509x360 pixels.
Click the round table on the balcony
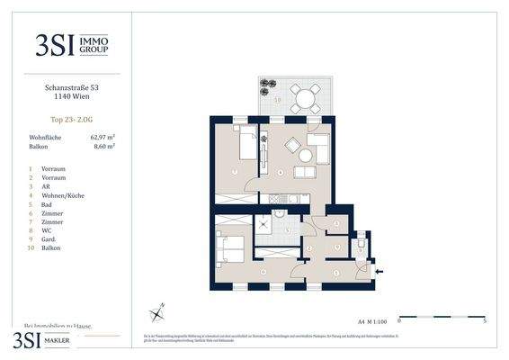pos(304,97)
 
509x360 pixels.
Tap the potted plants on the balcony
pos(266,87)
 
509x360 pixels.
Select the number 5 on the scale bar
pos(484,320)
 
